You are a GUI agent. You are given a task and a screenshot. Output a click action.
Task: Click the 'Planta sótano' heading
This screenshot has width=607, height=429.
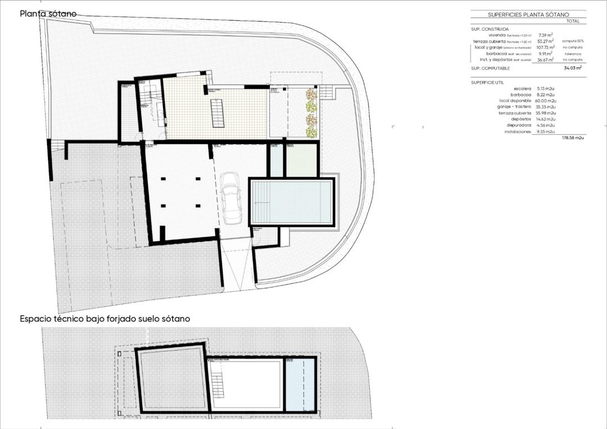48,13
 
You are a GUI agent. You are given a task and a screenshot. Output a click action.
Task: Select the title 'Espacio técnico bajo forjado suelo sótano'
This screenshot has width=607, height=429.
105,319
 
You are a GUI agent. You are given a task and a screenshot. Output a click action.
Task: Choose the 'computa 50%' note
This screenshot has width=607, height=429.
573,41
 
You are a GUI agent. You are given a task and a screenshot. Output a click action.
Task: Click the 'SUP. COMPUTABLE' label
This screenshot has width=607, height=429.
490,68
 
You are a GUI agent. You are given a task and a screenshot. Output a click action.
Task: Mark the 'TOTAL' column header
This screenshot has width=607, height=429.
573,21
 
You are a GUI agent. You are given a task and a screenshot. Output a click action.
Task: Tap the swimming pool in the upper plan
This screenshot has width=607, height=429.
292,203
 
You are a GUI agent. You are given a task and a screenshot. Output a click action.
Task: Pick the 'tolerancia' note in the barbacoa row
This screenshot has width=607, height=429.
573,53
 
